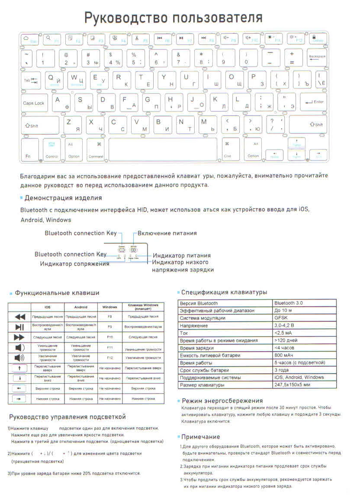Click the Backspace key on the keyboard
point(318,58)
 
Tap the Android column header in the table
point(81,307)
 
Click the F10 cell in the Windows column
point(110,337)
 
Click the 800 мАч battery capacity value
point(284,355)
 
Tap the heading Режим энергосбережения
point(222,401)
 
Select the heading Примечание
point(201,437)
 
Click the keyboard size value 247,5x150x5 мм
point(292,385)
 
